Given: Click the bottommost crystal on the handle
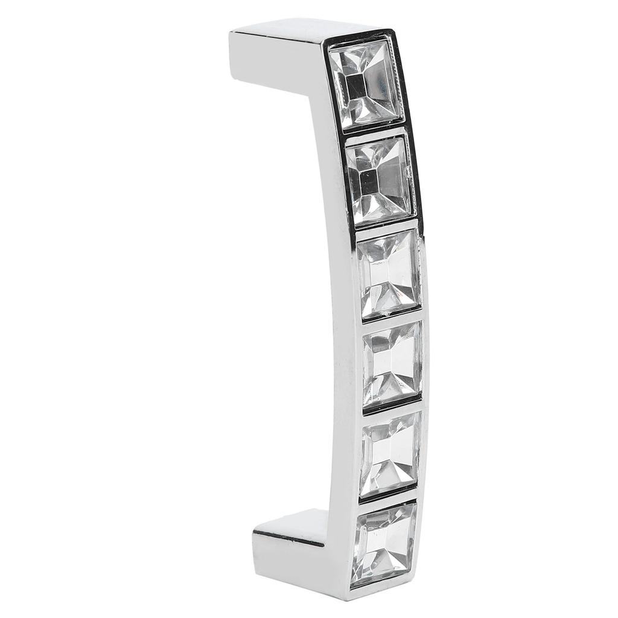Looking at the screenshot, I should [384, 543].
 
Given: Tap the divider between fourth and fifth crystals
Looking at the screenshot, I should [392, 410].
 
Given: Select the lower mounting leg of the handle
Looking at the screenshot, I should [290, 534].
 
